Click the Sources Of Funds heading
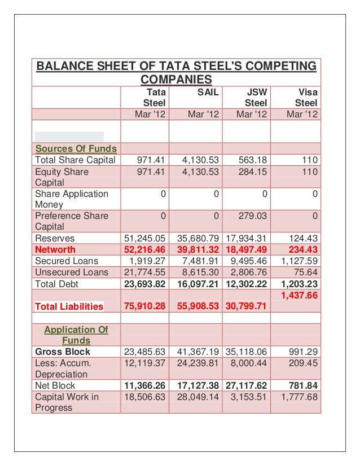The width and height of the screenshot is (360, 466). [76, 149]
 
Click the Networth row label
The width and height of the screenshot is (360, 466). [55, 250]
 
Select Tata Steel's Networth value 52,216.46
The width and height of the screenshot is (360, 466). [145, 250]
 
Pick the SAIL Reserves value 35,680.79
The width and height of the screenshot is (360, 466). [196, 239]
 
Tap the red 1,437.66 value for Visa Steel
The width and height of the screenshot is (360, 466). [298, 295]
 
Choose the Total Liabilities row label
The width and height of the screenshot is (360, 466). [69, 307]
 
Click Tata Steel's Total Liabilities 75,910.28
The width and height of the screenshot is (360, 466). [145, 307]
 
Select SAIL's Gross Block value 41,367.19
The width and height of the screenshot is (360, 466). [196, 352]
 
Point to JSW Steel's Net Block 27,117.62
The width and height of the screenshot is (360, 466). [247, 386]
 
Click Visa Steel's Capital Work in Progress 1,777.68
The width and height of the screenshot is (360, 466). [298, 397]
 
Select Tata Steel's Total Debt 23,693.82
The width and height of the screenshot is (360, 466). [145, 284]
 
